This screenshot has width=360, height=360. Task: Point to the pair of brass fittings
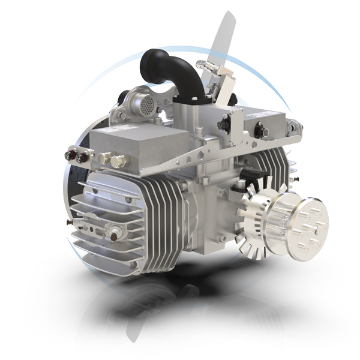113,160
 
